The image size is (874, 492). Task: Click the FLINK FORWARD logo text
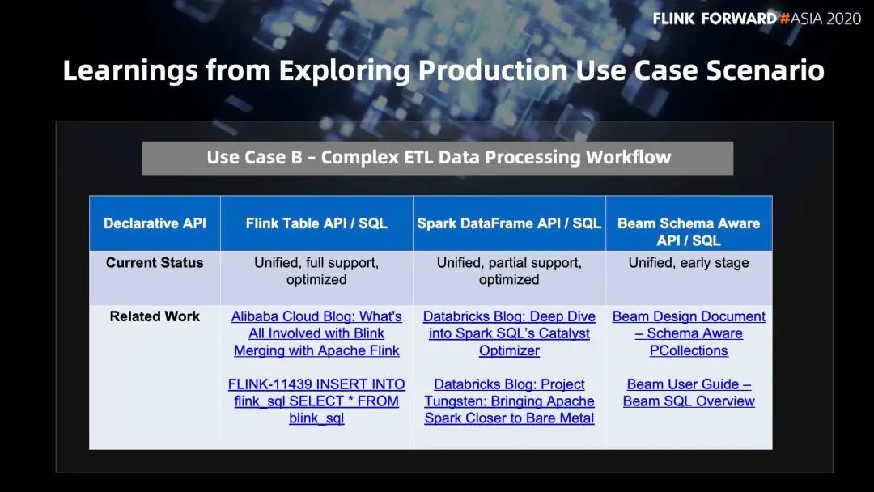(x=715, y=19)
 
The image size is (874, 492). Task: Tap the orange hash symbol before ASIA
(x=785, y=19)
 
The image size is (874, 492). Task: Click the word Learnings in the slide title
(x=130, y=71)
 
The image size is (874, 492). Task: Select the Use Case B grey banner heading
(x=438, y=158)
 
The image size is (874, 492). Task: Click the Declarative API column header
(x=155, y=223)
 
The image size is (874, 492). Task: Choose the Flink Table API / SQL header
(x=316, y=223)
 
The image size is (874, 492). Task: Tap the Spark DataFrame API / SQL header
(x=509, y=223)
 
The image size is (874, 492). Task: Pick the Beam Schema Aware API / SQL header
(x=689, y=231)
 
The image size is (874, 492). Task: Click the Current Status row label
(x=155, y=262)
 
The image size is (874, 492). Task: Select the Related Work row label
(x=155, y=316)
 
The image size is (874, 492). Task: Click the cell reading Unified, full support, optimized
(x=316, y=271)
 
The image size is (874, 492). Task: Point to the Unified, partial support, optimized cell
(x=509, y=271)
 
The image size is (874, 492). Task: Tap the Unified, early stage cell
(x=689, y=262)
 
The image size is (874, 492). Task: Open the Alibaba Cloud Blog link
(x=316, y=333)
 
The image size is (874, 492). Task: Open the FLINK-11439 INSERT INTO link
(x=316, y=401)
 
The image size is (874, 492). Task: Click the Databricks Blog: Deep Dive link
(x=509, y=333)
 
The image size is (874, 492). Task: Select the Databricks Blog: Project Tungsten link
(x=509, y=401)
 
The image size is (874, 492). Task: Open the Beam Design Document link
(x=689, y=333)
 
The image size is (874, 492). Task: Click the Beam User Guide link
(x=689, y=392)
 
